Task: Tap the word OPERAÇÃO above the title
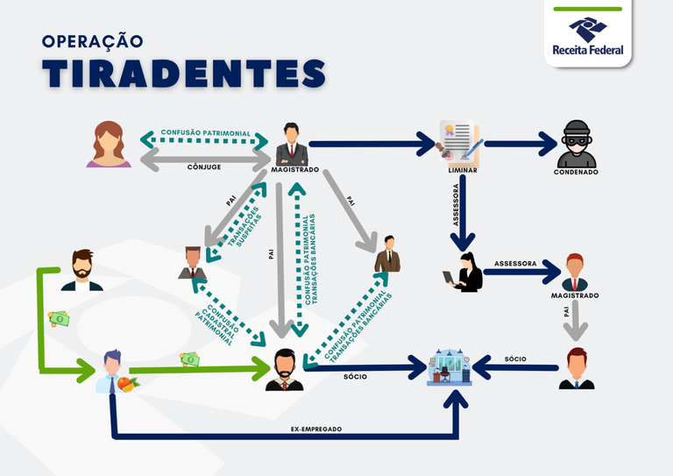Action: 92,40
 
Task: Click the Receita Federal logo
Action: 587,35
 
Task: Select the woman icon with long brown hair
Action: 109,144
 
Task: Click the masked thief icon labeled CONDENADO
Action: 576,144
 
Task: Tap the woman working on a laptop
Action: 464,273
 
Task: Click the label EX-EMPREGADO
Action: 315,429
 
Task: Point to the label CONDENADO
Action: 576,173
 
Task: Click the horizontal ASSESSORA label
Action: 515,262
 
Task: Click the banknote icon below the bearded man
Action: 58,319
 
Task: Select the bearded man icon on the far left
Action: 81,269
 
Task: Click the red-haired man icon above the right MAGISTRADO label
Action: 574,272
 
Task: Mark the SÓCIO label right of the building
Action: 515,359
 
